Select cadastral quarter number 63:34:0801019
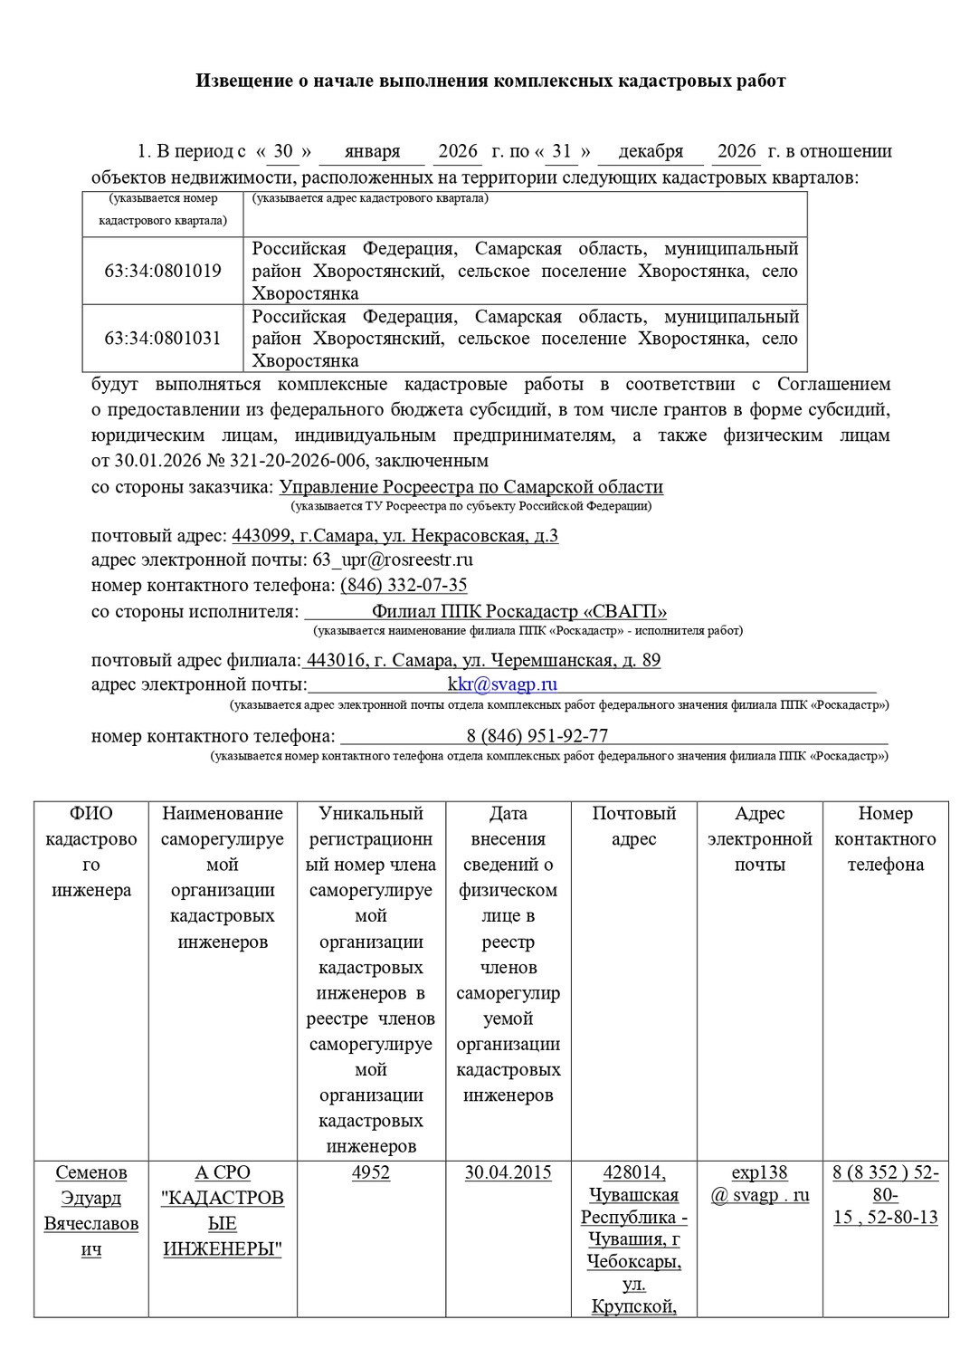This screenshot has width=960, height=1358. pos(163,271)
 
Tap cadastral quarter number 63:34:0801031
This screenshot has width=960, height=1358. pos(163,339)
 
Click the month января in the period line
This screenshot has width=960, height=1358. pos(372,151)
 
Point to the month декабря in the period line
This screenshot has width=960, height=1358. pos(651,151)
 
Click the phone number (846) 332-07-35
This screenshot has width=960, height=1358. pos(404,585)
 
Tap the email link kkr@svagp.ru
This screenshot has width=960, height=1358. pos(502,684)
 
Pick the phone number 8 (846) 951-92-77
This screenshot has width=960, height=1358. pos(537,735)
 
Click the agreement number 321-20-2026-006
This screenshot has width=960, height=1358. pos(298,461)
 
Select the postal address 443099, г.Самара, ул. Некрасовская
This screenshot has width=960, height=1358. pos(394,536)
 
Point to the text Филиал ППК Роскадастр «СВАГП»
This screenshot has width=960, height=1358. pos(519,611)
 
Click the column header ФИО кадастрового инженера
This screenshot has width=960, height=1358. pos(91,851)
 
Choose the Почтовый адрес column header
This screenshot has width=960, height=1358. pos(633,826)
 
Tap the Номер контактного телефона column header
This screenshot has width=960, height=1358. pos(885,838)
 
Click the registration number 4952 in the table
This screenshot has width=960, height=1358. pos(371,1172)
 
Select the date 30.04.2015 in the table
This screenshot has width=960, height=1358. pos(508,1172)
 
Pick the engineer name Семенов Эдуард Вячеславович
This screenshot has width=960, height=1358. pos(91,1210)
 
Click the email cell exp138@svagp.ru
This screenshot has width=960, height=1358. pos(760,1183)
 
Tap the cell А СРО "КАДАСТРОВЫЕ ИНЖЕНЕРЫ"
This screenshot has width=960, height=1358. pos(222,1210)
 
